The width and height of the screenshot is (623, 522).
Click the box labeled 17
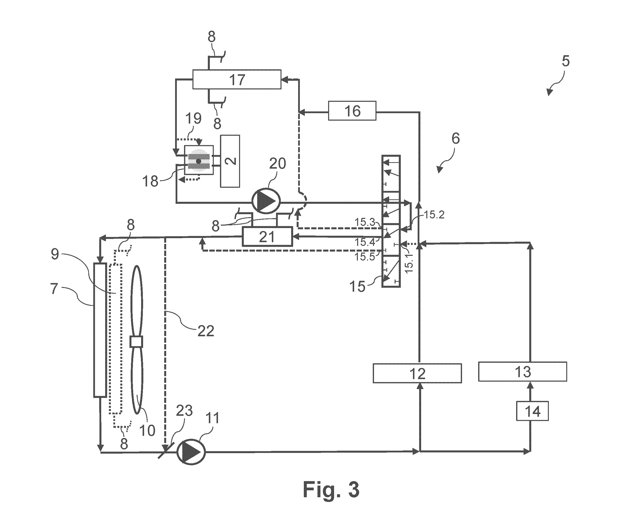237,79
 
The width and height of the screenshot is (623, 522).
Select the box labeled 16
352,111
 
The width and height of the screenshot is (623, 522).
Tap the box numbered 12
417,373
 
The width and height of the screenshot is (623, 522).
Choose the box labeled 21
267,236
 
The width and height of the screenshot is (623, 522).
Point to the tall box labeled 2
230,161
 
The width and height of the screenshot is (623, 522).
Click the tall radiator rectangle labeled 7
100,330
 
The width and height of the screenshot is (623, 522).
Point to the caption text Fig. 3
331,490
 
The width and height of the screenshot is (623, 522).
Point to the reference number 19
193,119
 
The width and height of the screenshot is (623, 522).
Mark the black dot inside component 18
198,161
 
